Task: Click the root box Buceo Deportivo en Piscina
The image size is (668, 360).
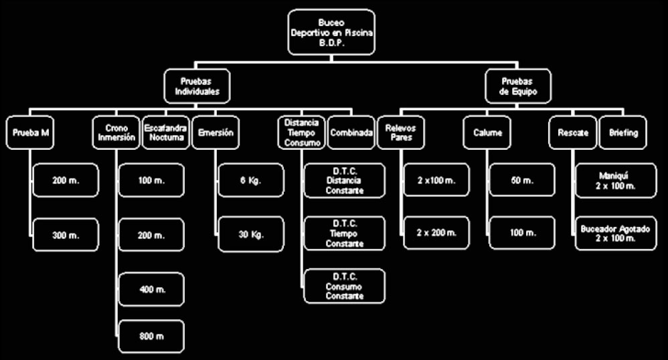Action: tap(332, 31)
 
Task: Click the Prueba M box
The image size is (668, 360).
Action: tap(31, 132)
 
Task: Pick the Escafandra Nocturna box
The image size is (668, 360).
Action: tap(164, 132)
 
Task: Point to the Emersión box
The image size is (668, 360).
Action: tap(216, 132)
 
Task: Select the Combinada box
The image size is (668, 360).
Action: tap(351, 132)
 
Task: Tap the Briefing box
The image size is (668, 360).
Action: tap(623, 132)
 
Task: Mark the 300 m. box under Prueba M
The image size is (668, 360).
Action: tap(66, 234)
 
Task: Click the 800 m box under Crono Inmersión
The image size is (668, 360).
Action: tap(151, 337)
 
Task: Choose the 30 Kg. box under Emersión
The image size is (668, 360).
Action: tap(251, 234)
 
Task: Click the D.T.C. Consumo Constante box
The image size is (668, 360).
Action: tap(345, 286)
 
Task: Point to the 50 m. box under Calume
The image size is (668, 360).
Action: tap(522, 181)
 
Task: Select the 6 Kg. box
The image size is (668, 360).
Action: tap(251, 181)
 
